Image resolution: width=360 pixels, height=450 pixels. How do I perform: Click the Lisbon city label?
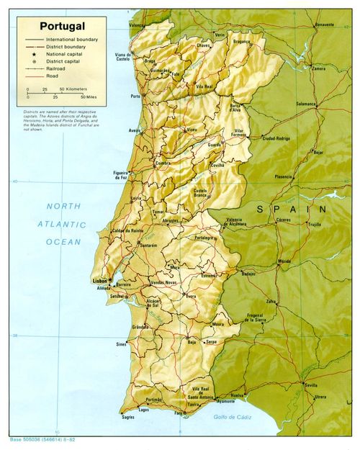[99, 279]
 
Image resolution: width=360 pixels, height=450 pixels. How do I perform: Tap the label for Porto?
[135, 96]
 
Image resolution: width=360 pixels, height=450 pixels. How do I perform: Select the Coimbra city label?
[163, 163]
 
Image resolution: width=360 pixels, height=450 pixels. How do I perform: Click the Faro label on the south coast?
[179, 413]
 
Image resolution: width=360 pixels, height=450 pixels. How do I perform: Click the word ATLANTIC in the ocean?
[61, 224]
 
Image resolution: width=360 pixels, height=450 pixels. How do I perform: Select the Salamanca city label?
[305, 104]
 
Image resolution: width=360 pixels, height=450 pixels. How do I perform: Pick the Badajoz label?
[248, 274]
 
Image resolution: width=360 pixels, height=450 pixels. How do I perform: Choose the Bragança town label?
[240, 42]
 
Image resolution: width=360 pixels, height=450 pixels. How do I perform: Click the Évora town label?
[191, 295]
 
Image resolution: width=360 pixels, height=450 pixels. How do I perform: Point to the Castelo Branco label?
[201, 192]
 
